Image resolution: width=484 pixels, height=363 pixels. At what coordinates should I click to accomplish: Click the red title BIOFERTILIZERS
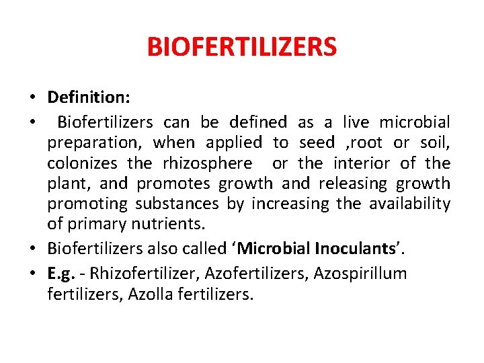[241, 48]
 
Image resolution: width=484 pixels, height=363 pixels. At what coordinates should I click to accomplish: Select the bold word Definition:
[89, 97]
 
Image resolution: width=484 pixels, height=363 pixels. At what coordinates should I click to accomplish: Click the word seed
[317, 143]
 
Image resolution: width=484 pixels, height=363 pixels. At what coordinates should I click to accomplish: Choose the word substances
[177, 204]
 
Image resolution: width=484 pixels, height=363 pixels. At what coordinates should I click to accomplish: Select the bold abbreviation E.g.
[60, 274]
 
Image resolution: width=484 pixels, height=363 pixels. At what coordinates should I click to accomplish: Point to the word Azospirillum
[366, 274]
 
